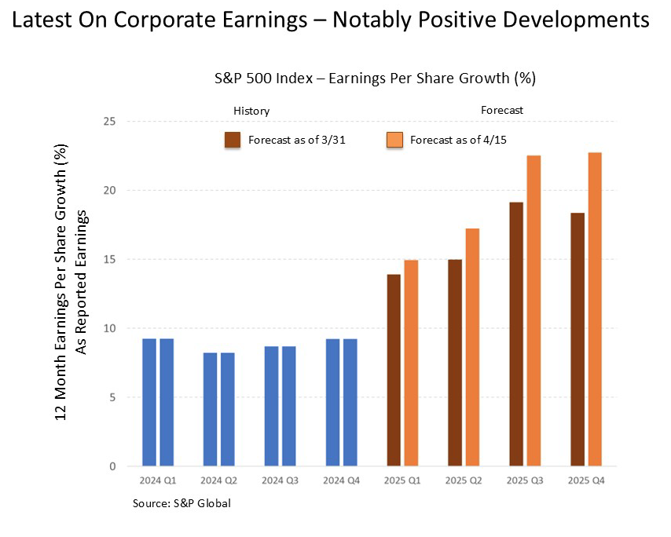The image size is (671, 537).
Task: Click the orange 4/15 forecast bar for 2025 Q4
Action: (595, 309)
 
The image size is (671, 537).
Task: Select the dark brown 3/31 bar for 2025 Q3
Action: (516, 334)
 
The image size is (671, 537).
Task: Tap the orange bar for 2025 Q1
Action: (412, 363)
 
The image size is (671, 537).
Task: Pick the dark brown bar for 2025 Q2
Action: (455, 363)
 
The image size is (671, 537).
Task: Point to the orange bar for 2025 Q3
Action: (533, 310)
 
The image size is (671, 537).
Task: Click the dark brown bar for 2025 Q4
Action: (577, 339)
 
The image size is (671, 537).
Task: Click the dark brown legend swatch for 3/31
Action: (233, 141)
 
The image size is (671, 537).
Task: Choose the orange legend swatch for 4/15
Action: (395, 141)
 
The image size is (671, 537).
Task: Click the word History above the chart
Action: (251, 111)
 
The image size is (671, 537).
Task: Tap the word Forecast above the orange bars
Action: (502, 110)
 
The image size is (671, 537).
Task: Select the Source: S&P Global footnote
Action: (181, 503)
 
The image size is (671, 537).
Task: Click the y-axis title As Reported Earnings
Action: (80, 283)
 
